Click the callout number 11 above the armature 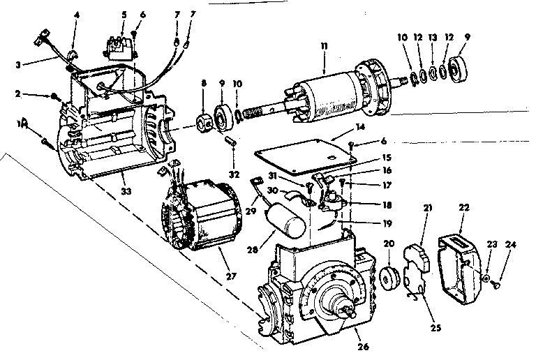tap(324, 46)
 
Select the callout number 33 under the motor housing tap(126, 191)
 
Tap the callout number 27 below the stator tap(231, 276)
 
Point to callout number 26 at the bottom tap(363, 347)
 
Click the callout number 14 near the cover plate tap(360, 127)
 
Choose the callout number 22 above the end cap tap(464, 207)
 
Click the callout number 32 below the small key tap(234, 174)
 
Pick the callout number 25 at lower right tap(435, 328)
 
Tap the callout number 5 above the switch tap(124, 15)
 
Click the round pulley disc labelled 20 tap(389, 279)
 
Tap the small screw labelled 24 tap(496, 283)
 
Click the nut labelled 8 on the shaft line tap(204, 124)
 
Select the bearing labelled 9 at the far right tap(459, 69)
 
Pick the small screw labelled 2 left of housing tap(55, 97)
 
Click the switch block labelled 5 tap(119, 48)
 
